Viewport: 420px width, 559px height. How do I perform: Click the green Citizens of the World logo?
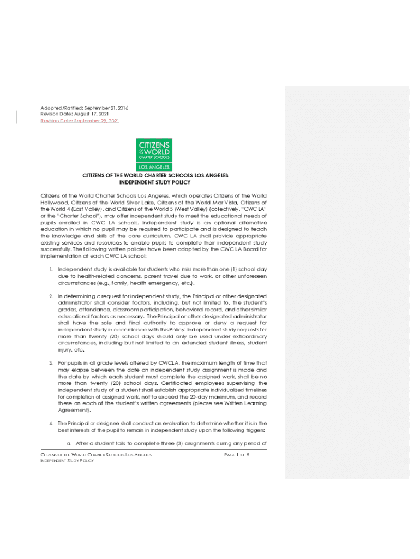coord(154,154)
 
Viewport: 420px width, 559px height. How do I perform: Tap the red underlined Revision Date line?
coord(80,121)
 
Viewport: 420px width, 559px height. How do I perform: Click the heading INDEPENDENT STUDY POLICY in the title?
coord(155,182)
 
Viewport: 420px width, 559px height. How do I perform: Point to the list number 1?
coord(50,269)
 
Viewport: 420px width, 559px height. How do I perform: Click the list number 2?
coord(50,296)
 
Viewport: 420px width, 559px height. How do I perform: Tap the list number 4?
coord(50,423)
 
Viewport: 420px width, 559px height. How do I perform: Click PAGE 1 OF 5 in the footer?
coord(236,455)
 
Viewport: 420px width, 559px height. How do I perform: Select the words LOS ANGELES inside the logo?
coord(154,167)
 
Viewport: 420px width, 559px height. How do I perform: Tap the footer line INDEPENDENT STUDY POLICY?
coord(68,461)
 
